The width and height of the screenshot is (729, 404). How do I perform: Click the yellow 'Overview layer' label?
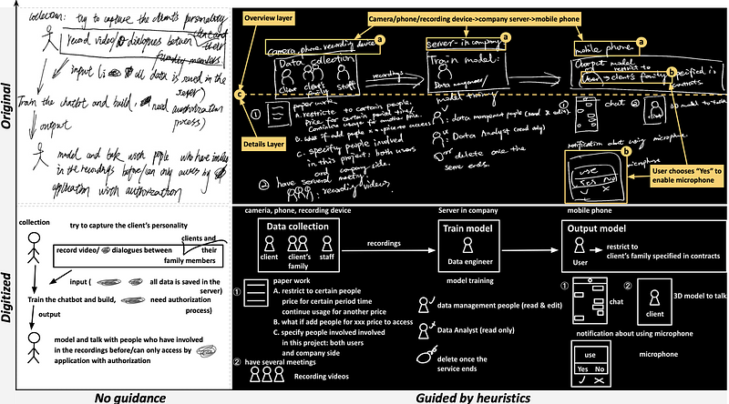click(271, 17)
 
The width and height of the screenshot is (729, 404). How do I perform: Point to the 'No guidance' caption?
click(121, 396)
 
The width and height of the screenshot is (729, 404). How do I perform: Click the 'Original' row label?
click(7, 106)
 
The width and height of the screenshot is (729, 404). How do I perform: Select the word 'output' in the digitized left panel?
click(36, 316)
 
